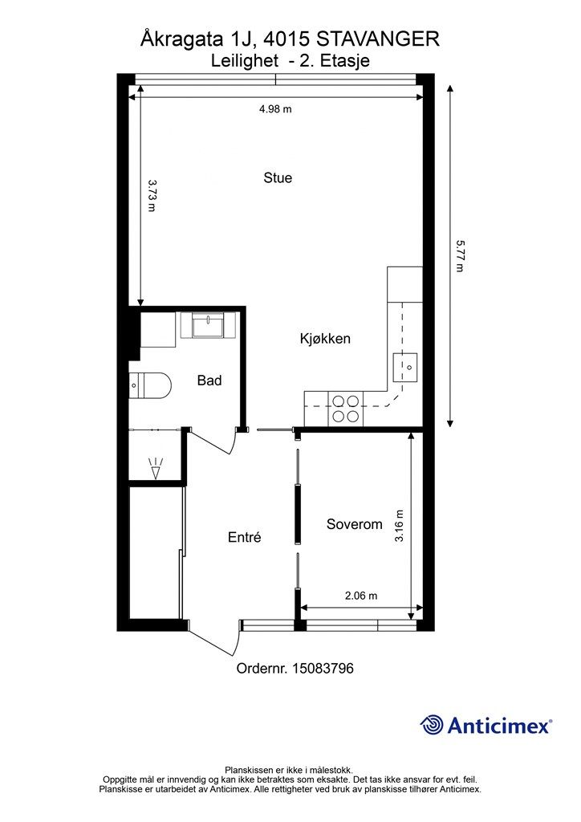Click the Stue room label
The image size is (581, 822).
click(278, 177)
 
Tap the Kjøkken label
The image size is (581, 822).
click(325, 339)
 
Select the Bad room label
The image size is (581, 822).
click(209, 380)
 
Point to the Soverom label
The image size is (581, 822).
click(354, 524)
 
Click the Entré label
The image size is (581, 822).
click(245, 537)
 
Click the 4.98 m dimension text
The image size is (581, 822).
click(275, 109)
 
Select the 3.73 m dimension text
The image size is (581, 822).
click(152, 196)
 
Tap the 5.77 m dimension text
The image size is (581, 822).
click(460, 256)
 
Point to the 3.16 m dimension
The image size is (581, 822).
click(399, 526)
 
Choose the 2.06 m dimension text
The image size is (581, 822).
click(361, 596)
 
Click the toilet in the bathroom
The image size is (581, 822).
click(150, 387)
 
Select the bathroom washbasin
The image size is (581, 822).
click(209, 325)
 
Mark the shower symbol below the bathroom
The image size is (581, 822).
click(156, 469)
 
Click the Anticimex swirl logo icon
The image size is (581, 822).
click(432, 726)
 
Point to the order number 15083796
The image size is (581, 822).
click(323, 669)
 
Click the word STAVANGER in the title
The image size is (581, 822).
click(378, 39)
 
